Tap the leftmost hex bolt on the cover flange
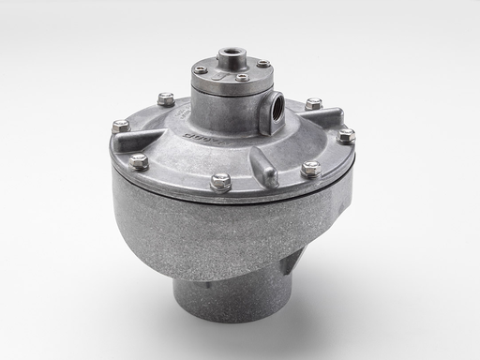point(119,125)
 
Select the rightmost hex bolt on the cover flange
point(346,135)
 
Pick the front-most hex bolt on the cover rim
point(221,181)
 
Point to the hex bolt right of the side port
point(312,103)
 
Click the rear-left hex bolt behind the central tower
point(167,97)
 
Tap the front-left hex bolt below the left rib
point(139,160)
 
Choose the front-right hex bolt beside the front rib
point(310,169)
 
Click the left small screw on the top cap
point(200,69)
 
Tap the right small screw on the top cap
point(264,64)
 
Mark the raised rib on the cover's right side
point(328,120)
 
